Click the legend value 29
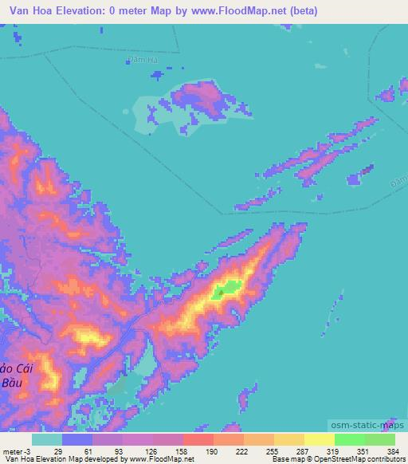(x=59, y=450)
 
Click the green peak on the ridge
(x=228, y=290)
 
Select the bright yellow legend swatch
(x=319, y=439)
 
